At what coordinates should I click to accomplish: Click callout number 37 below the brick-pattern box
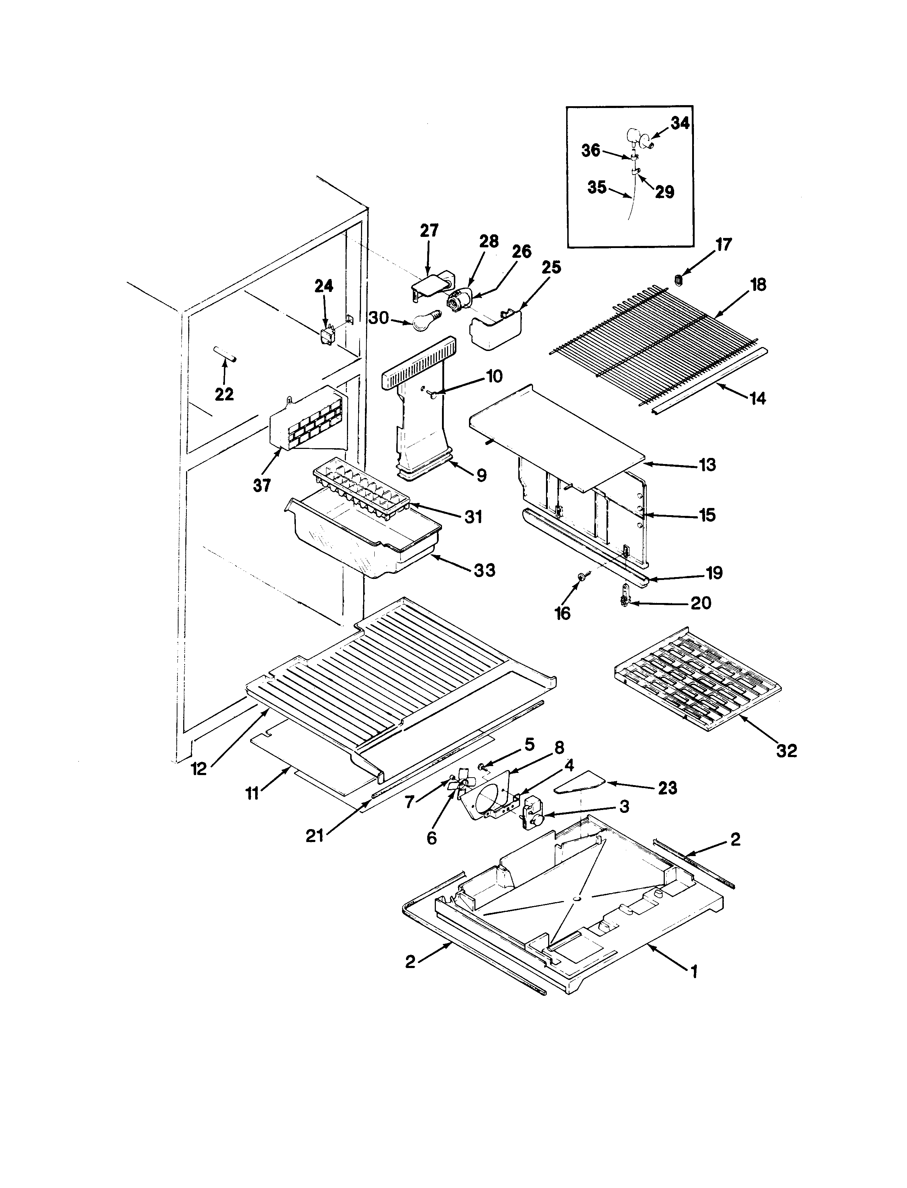[262, 485]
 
